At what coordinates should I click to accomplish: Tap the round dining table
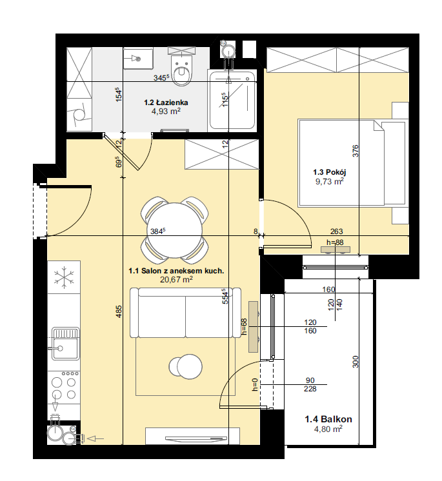[175, 230]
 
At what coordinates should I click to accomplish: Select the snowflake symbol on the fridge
[64, 277]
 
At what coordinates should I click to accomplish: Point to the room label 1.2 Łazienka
[166, 103]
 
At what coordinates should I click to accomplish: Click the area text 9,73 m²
[329, 181]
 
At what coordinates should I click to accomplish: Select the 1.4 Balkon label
[328, 419]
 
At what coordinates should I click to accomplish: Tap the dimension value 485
[119, 311]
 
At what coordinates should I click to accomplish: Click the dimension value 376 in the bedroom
[355, 151]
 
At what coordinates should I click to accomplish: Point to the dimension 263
[336, 231]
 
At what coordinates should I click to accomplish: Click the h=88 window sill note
[335, 242]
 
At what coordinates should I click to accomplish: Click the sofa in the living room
[185, 313]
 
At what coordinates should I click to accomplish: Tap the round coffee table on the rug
[186, 366]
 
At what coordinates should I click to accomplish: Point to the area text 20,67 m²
[176, 279]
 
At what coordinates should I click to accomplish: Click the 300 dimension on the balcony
[355, 362]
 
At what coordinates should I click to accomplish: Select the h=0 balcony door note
[255, 385]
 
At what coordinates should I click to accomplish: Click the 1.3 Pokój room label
[329, 172]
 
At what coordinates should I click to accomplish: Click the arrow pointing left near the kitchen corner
[95, 439]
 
